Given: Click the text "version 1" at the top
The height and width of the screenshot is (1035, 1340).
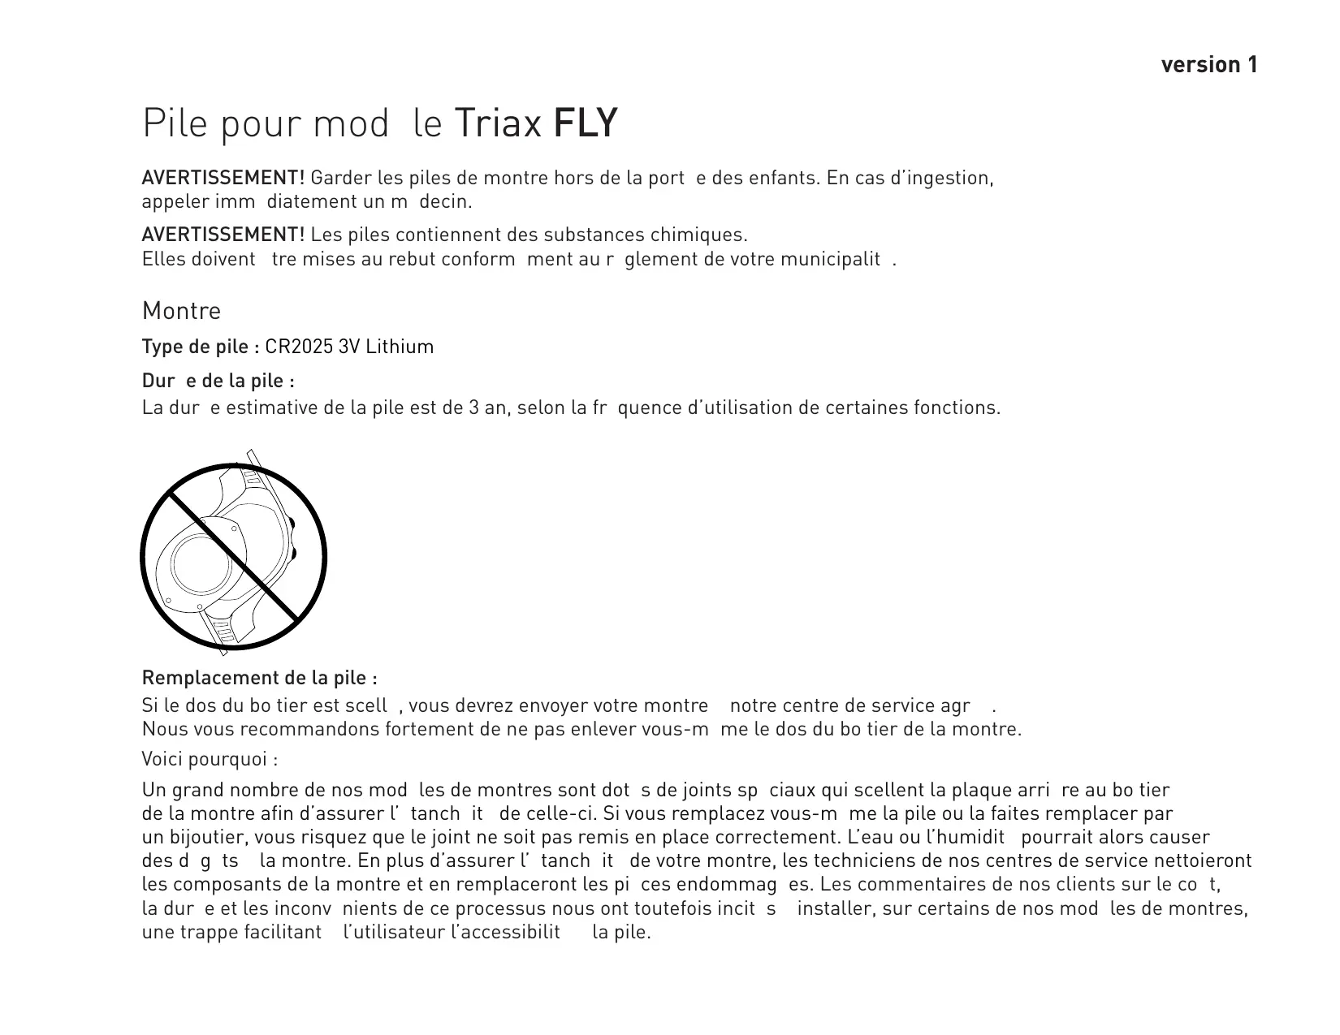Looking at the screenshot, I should point(1209,65).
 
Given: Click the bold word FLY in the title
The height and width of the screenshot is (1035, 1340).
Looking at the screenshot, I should point(585,123).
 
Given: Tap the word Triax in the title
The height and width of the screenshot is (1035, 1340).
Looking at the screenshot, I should point(498,123).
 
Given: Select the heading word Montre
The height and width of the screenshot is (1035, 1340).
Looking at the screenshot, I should point(181,311).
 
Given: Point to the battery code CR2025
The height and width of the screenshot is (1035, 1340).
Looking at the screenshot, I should point(299,347).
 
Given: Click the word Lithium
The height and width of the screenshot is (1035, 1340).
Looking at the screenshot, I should point(400,347).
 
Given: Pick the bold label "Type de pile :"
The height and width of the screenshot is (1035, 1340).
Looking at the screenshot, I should point(201,347).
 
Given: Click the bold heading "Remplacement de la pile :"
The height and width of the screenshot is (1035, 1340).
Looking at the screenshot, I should point(259,678).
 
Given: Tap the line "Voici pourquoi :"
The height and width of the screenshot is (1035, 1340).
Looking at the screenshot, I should point(210,760).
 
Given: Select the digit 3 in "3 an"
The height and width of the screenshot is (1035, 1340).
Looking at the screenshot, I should point(474,408).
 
